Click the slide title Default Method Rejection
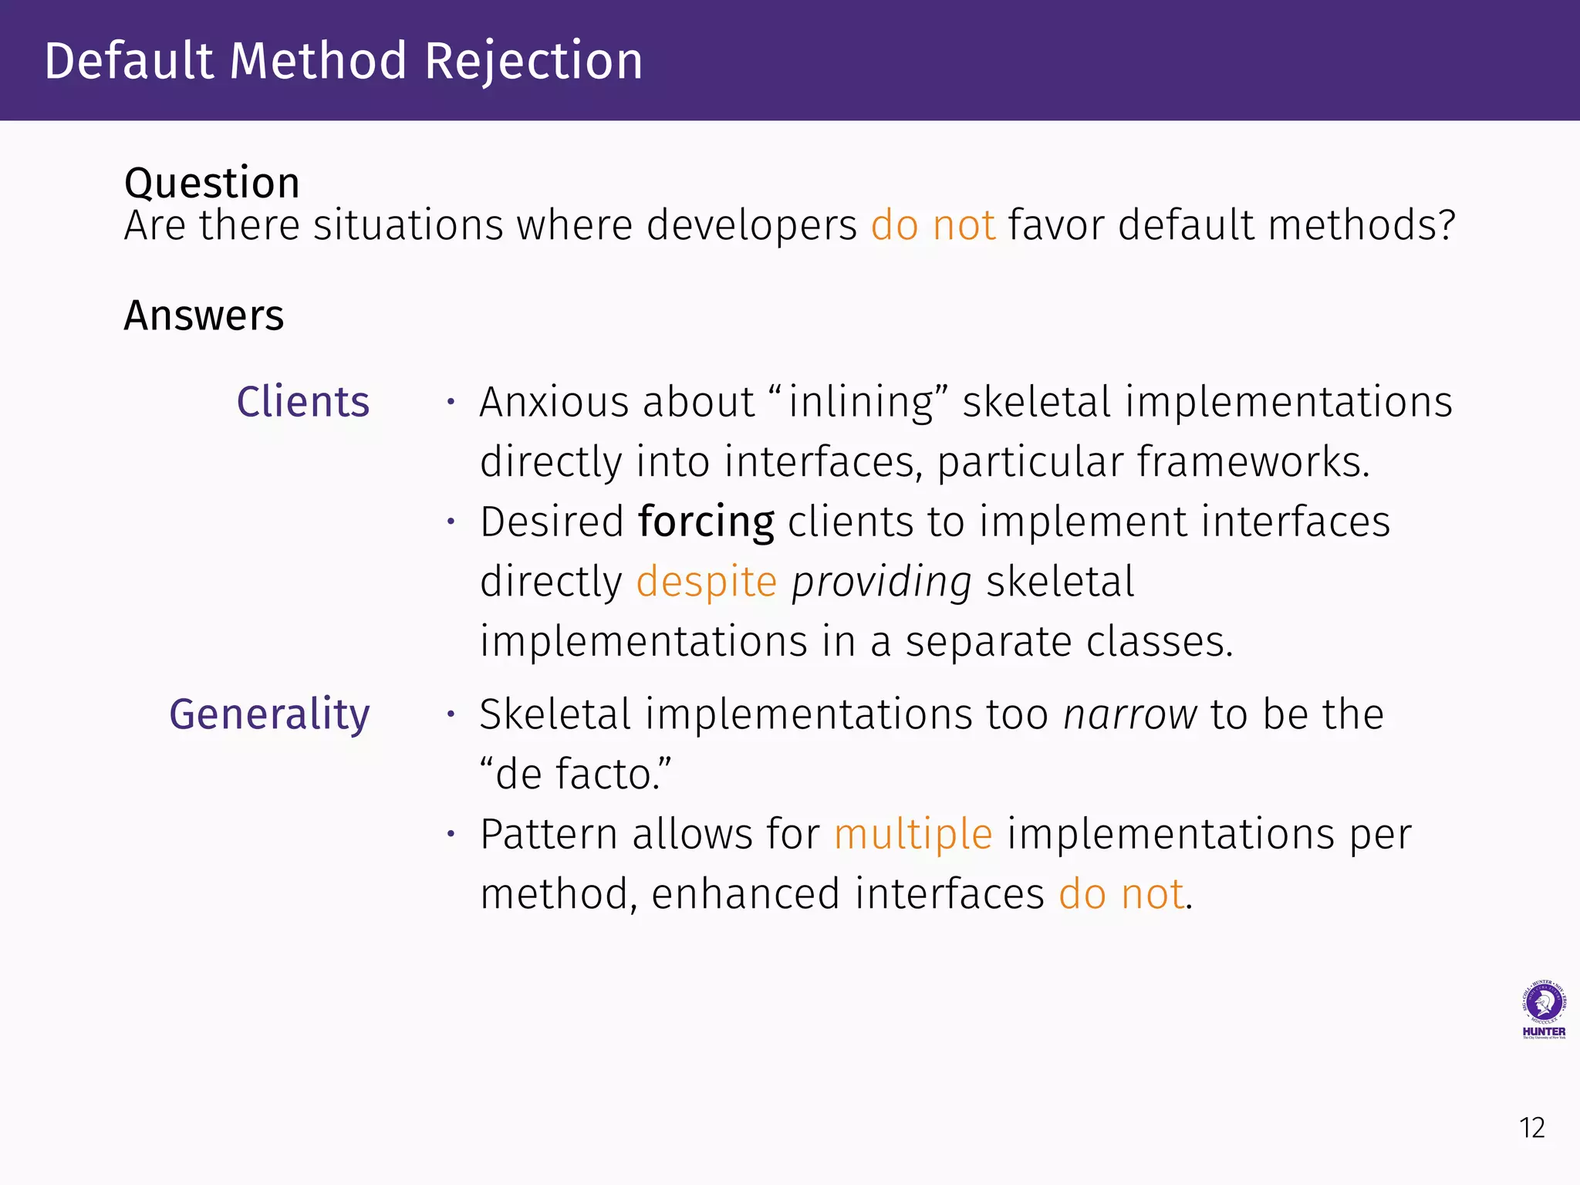coord(343,61)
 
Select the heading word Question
coord(211,184)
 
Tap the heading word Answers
coord(204,316)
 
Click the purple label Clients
coord(302,402)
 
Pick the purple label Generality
coord(269,714)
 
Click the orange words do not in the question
coord(933,225)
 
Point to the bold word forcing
coord(706,522)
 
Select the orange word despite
coord(706,582)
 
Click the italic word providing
coord(881,582)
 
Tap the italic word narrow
coord(1129,714)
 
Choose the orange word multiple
coord(913,834)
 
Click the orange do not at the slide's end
coord(1121,894)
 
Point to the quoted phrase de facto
coord(575,774)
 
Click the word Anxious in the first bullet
coord(554,402)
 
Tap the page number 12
coord(1531,1128)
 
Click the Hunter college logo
coord(1543,1009)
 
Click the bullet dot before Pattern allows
coord(451,834)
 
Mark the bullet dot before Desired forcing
coord(451,522)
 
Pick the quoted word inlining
coord(859,402)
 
